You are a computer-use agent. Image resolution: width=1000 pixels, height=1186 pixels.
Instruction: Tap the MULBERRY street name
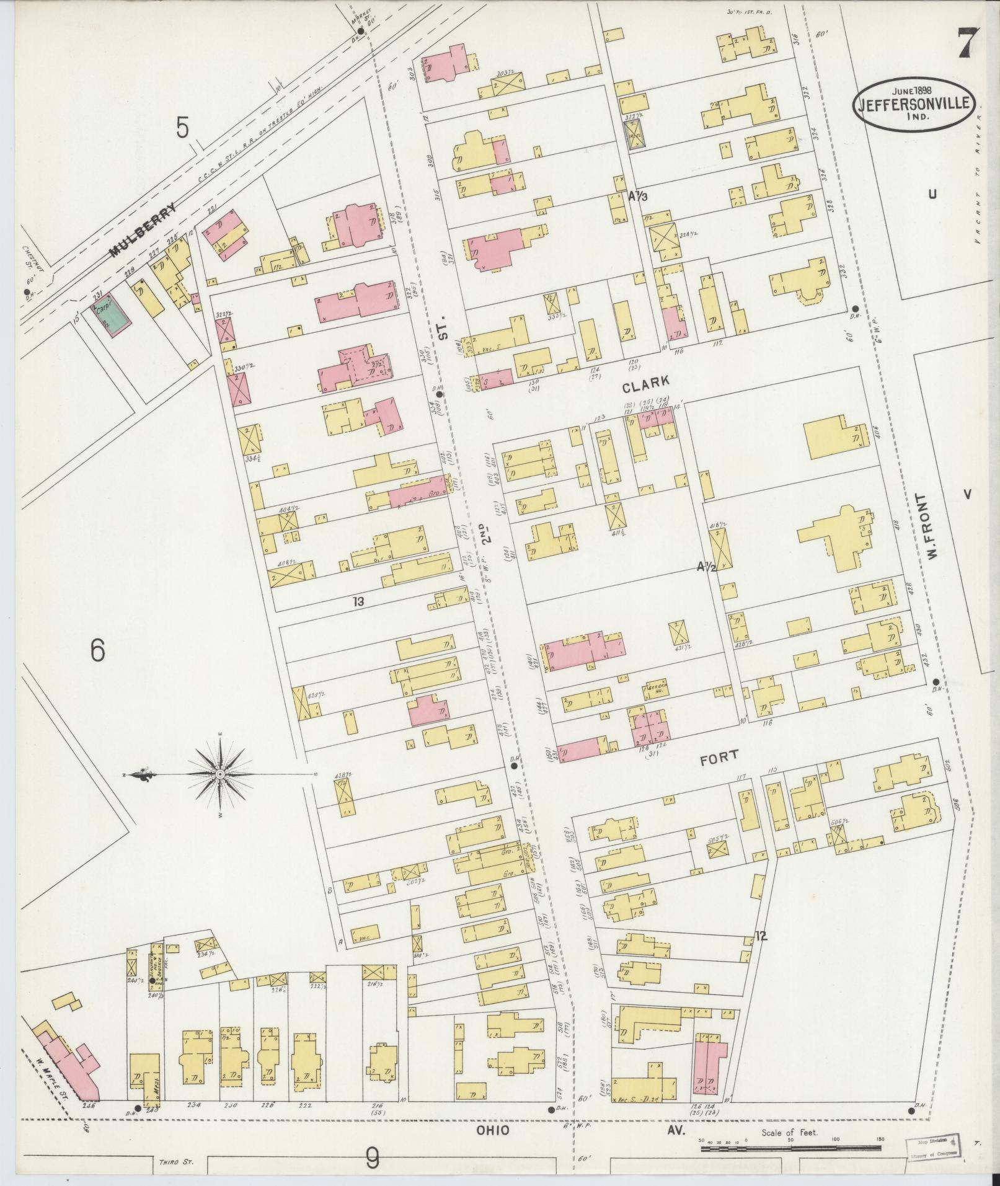[x=142, y=231]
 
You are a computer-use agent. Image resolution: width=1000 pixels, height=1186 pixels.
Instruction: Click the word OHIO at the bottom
[x=493, y=1130]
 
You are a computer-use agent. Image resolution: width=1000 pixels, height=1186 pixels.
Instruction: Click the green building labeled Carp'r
[x=112, y=316]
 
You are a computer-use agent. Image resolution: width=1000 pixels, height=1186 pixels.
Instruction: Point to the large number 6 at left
[x=97, y=651]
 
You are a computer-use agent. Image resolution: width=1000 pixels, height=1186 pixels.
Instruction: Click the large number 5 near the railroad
[x=182, y=128]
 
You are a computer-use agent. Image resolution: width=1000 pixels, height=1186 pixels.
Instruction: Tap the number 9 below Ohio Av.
[x=372, y=1157]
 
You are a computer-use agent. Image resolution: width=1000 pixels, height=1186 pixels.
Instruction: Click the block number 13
[x=358, y=601]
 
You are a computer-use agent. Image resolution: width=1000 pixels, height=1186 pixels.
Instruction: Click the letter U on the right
[x=932, y=194]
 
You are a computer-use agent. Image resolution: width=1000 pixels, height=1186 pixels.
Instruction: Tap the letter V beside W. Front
[x=967, y=493]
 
